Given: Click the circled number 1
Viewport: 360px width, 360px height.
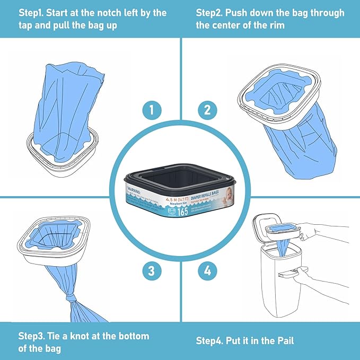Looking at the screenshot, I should pyautogui.click(x=152, y=111).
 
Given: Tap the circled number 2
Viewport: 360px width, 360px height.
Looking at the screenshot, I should pyautogui.click(x=207, y=111).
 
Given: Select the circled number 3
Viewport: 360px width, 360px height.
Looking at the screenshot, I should pyautogui.click(x=152, y=271).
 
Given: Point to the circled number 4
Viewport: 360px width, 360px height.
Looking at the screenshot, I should pyautogui.click(x=207, y=271).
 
